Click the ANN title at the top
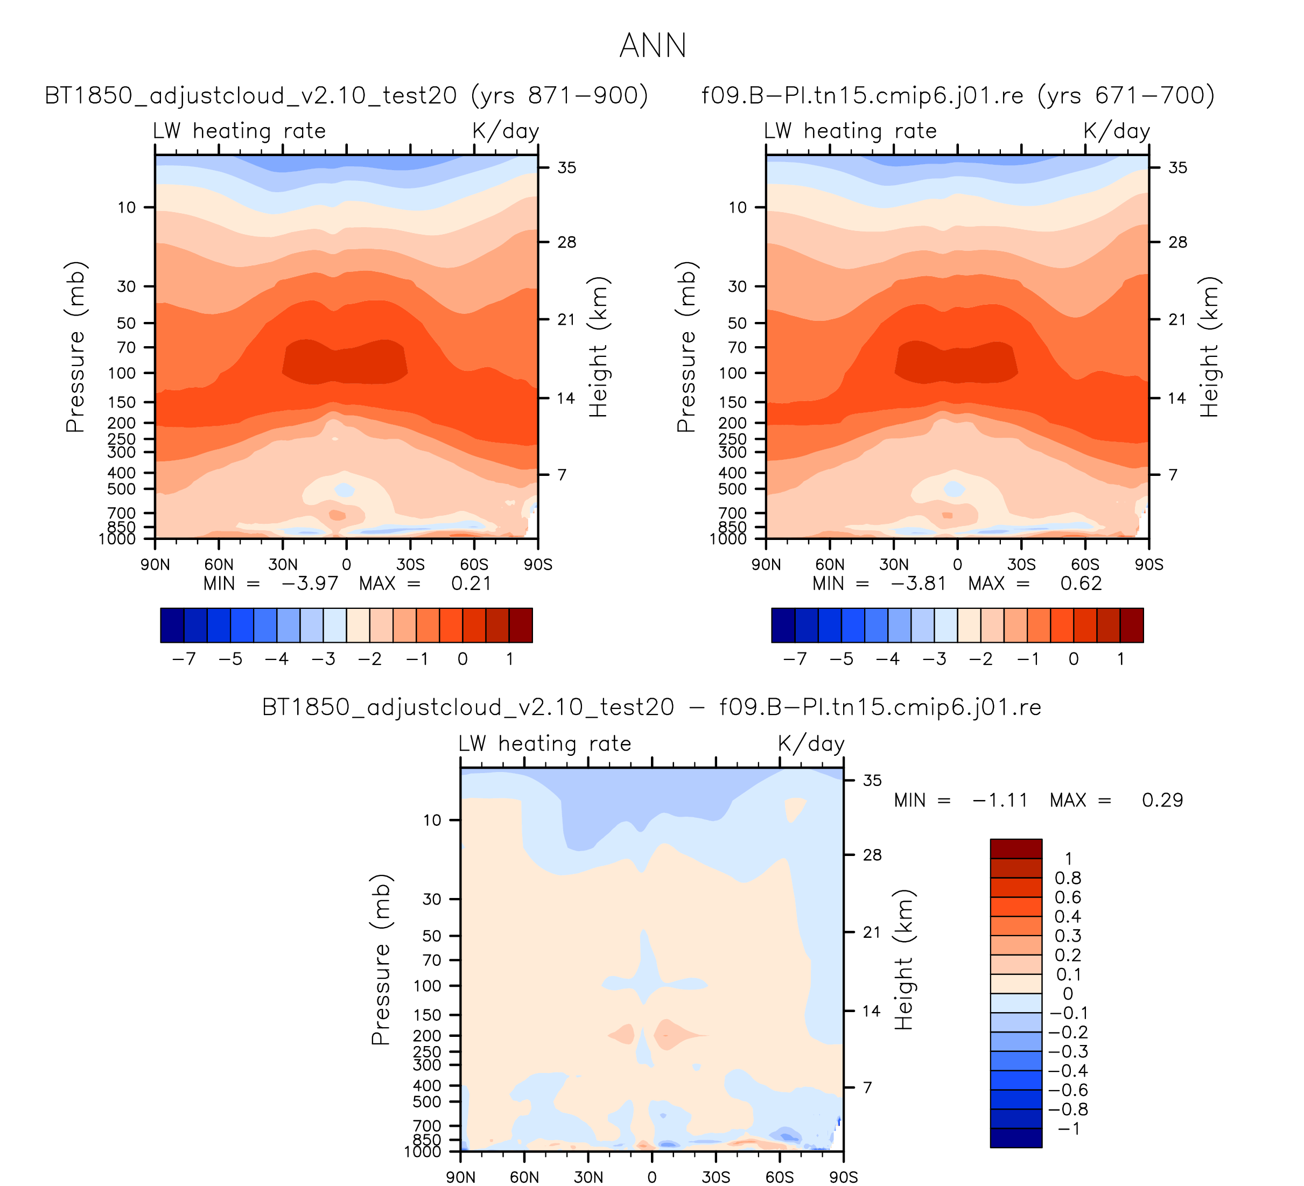coord(652,46)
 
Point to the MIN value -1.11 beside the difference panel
coord(1000,800)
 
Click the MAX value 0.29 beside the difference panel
coord(1162,800)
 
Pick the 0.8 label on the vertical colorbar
coord(1067,878)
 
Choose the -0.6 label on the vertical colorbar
coord(1067,1090)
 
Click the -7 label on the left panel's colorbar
coord(184,659)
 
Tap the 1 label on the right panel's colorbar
coord(1120,659)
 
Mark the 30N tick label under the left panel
coord(283,565)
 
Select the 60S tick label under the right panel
coord(1085,565)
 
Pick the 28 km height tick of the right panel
coord(1178,242)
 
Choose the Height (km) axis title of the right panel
coord(1208,347)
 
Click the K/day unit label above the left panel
coord(505,131)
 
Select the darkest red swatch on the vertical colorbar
coord(1015,848)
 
